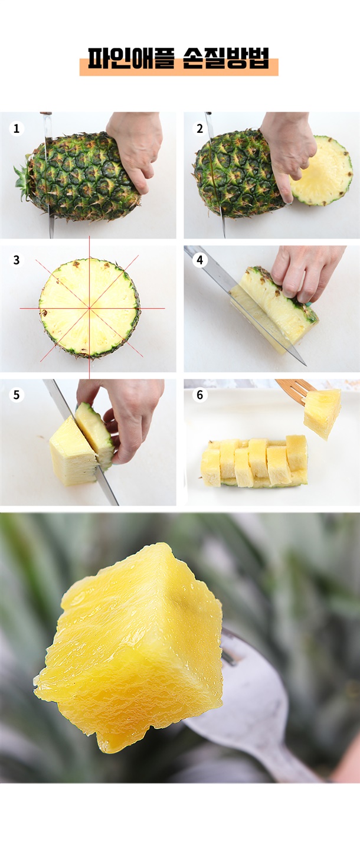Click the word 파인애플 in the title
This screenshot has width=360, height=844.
pyautogui.click(x=131, y=58)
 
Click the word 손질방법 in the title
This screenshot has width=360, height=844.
pyautogui.click(x=226, y=58)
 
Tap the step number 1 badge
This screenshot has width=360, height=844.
pyautogui.click(x=16, y=129)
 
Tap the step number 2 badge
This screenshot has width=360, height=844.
pyautogui.click(x=199, y=129)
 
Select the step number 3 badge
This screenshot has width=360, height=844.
pyautogui.click(x=16, y=260)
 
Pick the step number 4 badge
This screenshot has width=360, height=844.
pyautogui.click(x=199, y=260)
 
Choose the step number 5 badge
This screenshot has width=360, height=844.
pyautogui.click(x=16, y=395)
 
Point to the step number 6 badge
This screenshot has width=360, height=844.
pyautogui.click(x=199, y=395)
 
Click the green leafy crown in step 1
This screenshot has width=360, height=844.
pyautogui.click(x=24, y=180)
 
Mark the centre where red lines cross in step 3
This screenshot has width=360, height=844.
pyautogui.click(x=90, y=308)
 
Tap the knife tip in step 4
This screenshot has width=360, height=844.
pyautogui.click(x=305, y=365)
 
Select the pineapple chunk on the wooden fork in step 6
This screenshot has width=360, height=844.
pyautogui.click(x=322, y=413)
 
